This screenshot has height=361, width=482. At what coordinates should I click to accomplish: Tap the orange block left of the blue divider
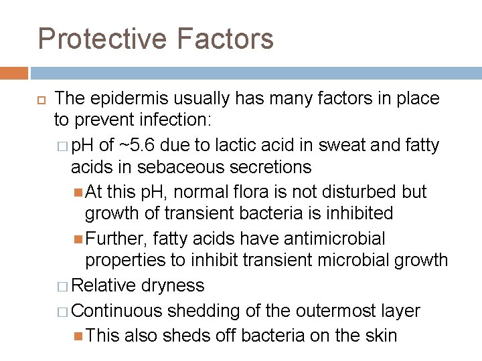click(x=14, y=73)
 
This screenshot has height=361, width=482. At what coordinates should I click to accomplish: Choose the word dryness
click(x=173, y=285)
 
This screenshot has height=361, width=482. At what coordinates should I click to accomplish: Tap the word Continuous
click(x=116, y=311)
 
